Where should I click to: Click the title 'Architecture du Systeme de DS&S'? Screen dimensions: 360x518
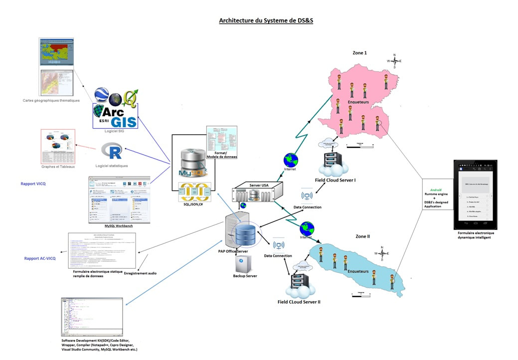click(x=266, y=21)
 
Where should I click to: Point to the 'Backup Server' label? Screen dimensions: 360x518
click(x=245, y=276)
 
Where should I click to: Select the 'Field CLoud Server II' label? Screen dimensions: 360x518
click(x=299, y=302)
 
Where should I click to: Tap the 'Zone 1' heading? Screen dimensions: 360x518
click(x=359, y=53)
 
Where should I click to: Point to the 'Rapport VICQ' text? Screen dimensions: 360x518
click(x=33, y=183)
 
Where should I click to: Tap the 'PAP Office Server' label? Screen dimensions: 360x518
click(x=233, y=251)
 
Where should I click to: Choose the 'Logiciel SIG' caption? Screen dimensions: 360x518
click(x=115, y=131)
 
